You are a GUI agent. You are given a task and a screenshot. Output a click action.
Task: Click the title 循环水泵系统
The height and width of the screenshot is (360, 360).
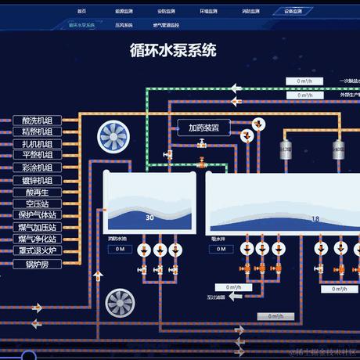pos(173,50)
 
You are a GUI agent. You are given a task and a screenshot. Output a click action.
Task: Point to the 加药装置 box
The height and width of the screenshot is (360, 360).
pos(203,128)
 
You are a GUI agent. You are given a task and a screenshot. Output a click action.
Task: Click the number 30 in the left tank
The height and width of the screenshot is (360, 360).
pos(149,218)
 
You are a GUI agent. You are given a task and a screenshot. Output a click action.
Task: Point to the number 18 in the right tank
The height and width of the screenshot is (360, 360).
pos(315,219)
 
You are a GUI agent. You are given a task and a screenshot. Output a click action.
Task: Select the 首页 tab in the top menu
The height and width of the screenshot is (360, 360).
pos(81,13)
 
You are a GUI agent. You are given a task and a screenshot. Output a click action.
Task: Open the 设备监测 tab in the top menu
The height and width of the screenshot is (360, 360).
pos(293,13)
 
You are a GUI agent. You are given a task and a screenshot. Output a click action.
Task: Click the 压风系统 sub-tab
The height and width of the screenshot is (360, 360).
pos(124,25)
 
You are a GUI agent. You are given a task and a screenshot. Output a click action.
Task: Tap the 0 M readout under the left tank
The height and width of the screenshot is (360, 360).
pos(119,249)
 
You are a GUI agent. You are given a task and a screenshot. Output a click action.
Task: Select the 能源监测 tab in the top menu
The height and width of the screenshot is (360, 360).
pos(124,13)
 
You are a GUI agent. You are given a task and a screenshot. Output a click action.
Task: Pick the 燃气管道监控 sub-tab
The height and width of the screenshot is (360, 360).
pos(167,25)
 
